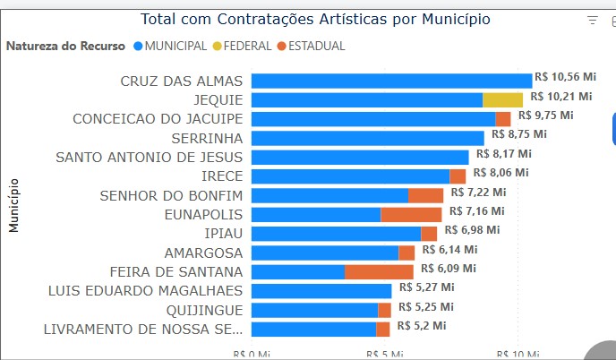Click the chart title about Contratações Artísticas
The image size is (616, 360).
315,20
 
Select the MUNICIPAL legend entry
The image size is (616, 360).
169,46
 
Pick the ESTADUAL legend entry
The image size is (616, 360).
310,46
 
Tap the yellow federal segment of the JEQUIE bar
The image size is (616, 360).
502,100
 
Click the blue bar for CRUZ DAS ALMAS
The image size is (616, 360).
391,81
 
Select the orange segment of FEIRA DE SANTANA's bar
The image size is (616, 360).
379,271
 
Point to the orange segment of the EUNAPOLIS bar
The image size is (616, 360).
411,215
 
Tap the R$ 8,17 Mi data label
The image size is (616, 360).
503,154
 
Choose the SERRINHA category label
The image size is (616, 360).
207,138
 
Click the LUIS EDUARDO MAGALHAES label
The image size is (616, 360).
145,290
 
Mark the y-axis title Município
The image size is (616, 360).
14,205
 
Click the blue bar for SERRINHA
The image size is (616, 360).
367,138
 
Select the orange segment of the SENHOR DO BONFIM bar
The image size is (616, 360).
425,195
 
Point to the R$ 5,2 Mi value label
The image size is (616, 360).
422,326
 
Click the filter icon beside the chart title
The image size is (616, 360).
592,20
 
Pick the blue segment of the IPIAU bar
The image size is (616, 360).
336,234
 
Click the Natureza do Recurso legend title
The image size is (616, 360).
66,46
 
